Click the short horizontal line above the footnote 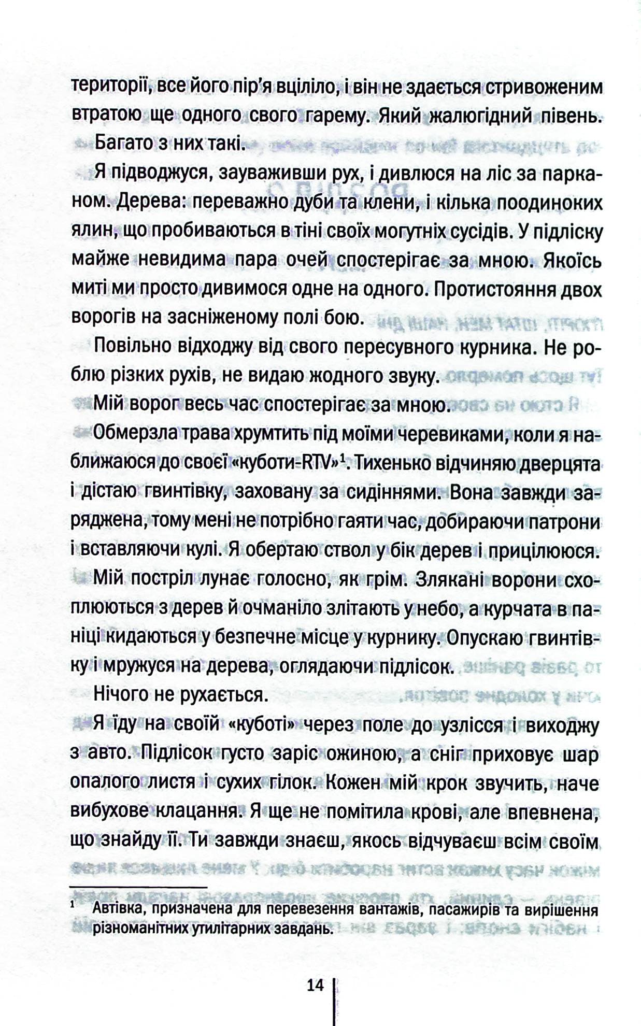[x=138, y=887]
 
